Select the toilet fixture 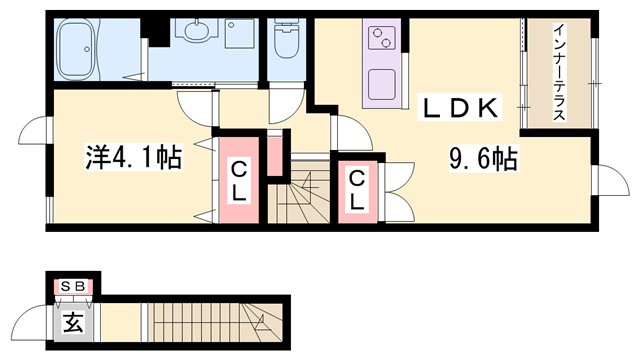pos(286,39)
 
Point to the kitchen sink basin pos(381,85)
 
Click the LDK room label pos(460,108)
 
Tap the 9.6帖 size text pos(484,159)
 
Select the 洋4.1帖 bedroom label pos(133,157)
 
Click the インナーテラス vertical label pos(559,72)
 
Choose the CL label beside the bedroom pos(239,180)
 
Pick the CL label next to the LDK pos(357,189)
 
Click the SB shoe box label pos(73,287)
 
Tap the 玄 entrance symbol pos(74,322)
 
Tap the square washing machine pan pos(240,33)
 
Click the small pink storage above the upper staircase pos(276,156)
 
